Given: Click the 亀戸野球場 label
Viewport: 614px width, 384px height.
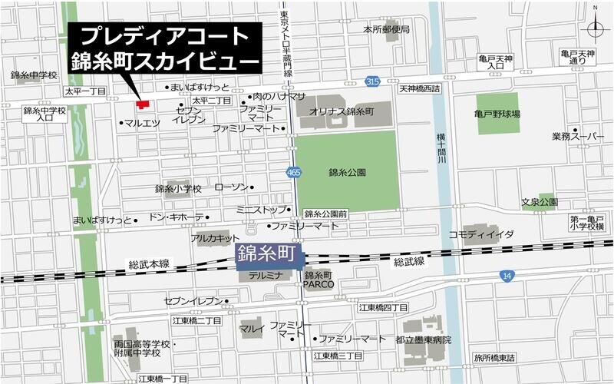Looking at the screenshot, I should pyautogui.click(x=497, y=114).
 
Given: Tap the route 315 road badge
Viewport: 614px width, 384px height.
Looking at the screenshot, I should pyautogui.click(x=372, y=81).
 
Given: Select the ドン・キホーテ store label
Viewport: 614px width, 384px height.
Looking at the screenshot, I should pyautogui.click(x=176, y=217).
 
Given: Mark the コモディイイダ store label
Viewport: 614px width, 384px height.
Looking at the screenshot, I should pyautogui.click(x=481, y=233).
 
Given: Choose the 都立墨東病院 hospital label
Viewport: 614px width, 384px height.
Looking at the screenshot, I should pyautogui.click(x=424, y=339).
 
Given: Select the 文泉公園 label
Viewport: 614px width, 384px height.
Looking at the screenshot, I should pyautogui.click(x=540, y=203).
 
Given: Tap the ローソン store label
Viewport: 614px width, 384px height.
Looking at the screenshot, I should pyautogui.click(x=231, y=187).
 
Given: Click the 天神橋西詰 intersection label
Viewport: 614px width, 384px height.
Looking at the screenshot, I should pyautogui.click(x=419, y=89).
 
